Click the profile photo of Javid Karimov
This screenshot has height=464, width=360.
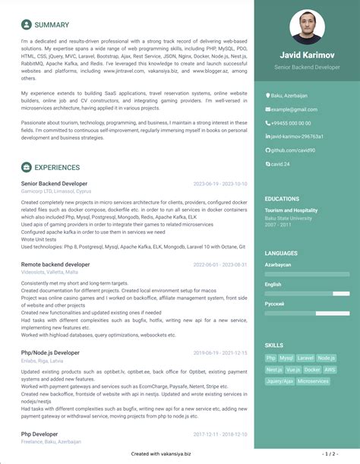[308, 27]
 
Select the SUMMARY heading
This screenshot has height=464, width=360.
[51, 25]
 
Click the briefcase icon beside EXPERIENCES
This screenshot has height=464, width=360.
[27, 166]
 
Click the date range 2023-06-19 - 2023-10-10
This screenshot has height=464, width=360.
[220, 184]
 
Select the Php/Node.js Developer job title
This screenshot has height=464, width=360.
[50, 352]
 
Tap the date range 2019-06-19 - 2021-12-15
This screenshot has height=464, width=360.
[220, 353]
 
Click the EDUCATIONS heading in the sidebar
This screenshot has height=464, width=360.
[283, 199]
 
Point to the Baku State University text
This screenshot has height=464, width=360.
[288, 218]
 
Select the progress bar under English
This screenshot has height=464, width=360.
[307, 294]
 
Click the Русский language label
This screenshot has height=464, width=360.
[275, 304]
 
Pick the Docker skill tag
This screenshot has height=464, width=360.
[311, 369]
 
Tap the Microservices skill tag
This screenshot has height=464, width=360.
[313, 381]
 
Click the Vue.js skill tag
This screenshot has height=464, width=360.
[292, 369]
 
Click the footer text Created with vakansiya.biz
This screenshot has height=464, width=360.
[161, 453]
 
